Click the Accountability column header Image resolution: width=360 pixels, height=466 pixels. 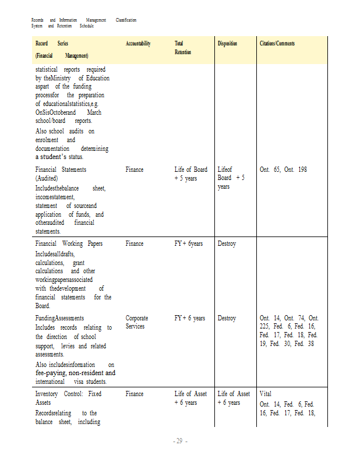138,44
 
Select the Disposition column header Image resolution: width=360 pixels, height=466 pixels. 227,44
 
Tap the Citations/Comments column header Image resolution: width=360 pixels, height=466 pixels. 277,44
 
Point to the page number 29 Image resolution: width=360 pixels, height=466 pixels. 179,441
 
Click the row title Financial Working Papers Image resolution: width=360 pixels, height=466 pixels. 69,243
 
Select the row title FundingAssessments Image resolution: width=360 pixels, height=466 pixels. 59,318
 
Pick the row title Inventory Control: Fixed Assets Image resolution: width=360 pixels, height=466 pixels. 69,398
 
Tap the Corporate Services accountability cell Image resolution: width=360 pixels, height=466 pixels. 137,322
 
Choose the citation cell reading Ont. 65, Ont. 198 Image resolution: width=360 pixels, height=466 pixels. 283,170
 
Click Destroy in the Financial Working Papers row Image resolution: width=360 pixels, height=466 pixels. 227,243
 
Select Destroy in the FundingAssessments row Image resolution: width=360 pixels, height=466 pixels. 227,318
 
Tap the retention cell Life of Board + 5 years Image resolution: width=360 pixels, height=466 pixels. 190,174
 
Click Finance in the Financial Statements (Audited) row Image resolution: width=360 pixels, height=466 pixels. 134,170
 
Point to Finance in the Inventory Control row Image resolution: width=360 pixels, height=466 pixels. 134,394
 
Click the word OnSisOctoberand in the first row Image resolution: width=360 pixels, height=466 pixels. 55,112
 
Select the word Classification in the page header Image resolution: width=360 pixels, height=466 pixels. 126,20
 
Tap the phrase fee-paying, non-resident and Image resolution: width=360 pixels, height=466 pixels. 75,373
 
